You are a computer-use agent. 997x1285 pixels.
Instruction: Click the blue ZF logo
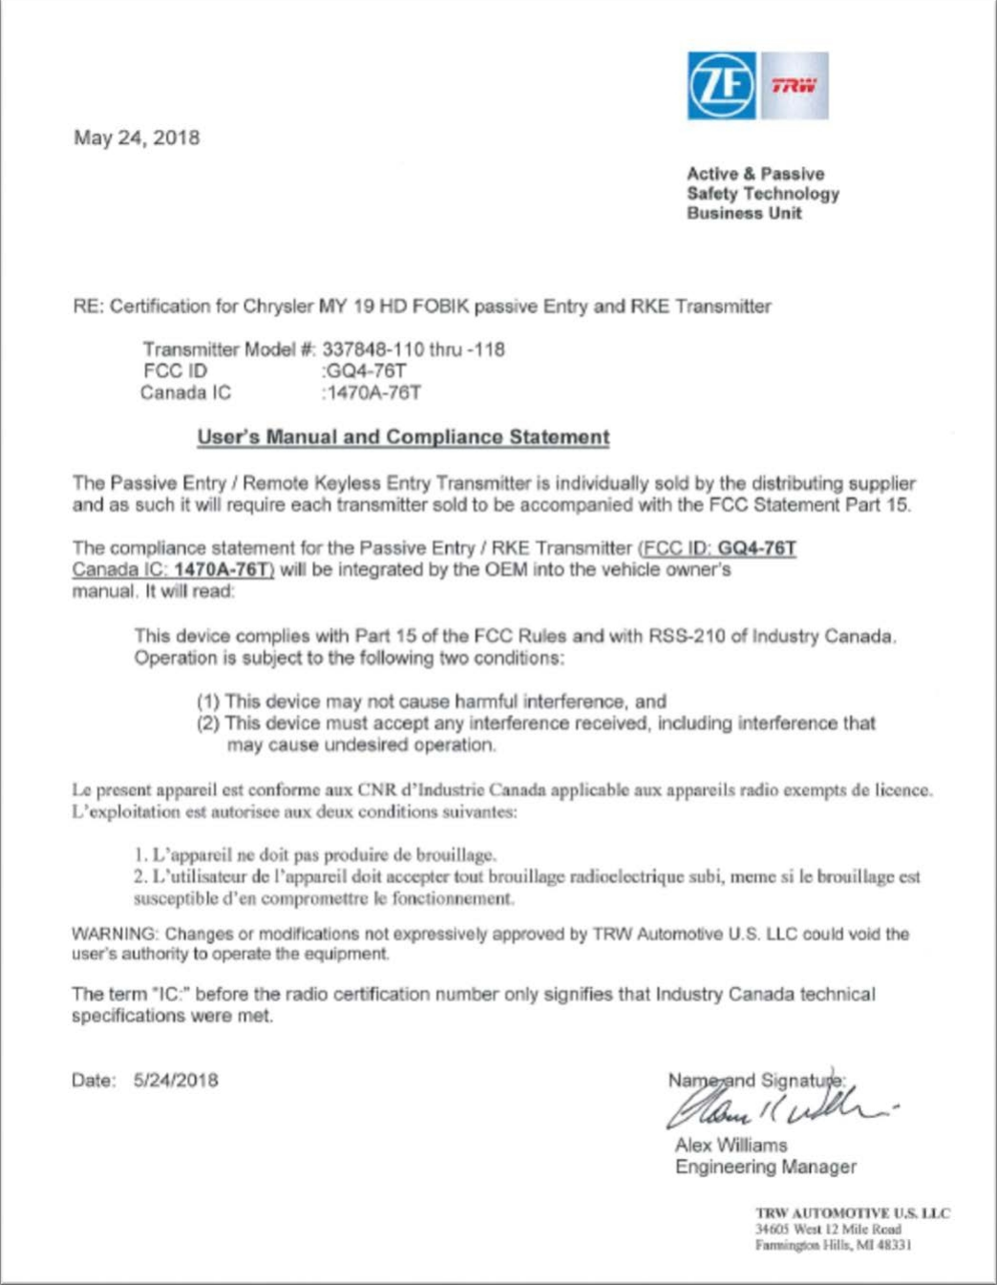721,86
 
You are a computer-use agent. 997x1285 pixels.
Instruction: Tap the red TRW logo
794,86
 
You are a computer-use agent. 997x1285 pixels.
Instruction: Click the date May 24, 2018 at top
137,137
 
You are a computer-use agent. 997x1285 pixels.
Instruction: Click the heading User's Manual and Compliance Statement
403,437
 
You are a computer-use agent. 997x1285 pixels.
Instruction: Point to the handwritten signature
778,1106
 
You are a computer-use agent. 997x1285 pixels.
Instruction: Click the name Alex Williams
731,1145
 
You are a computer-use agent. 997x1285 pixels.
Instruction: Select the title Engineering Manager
765,1167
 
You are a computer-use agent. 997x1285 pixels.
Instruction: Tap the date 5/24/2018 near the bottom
176,1081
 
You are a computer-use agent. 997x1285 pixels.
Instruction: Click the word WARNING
114,934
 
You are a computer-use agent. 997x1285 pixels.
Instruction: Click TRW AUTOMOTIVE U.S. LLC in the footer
852,1213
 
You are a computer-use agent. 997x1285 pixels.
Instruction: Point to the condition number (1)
207,702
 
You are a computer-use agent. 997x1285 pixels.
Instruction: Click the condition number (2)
207,724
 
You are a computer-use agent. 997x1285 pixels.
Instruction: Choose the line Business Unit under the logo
744,213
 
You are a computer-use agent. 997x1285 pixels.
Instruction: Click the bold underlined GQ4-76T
756,548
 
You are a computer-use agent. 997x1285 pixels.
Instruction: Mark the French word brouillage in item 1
450,854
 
